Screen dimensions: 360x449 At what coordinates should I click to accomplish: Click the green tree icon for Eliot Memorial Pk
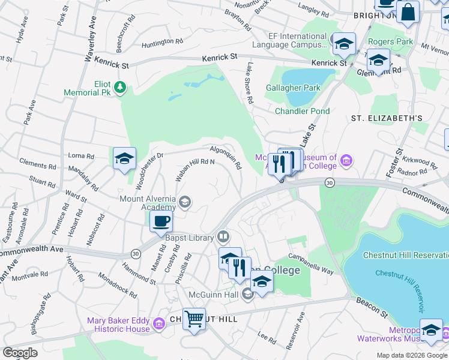121,88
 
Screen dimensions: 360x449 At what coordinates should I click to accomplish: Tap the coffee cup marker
161,221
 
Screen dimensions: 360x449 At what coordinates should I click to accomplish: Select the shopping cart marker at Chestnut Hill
194,319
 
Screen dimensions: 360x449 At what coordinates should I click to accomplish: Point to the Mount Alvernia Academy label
148,203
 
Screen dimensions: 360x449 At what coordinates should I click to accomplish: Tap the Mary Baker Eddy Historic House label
118,325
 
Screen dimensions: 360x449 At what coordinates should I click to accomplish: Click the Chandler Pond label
302,111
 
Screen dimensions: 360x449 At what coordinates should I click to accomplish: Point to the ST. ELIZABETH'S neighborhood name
387,118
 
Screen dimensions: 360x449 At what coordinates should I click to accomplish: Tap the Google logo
20,352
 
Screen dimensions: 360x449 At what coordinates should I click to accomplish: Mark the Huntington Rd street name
162,43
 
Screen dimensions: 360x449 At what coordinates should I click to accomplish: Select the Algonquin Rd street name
226,157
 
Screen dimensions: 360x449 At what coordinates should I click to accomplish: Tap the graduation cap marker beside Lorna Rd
124,159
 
